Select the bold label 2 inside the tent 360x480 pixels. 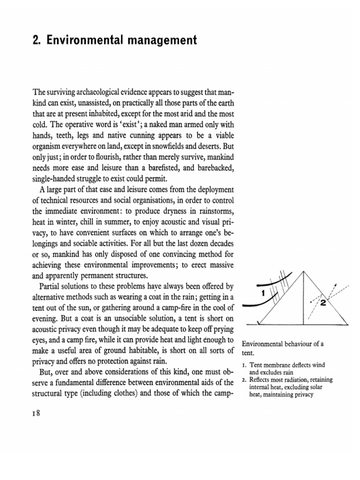323,302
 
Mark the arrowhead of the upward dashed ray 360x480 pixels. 334,285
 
